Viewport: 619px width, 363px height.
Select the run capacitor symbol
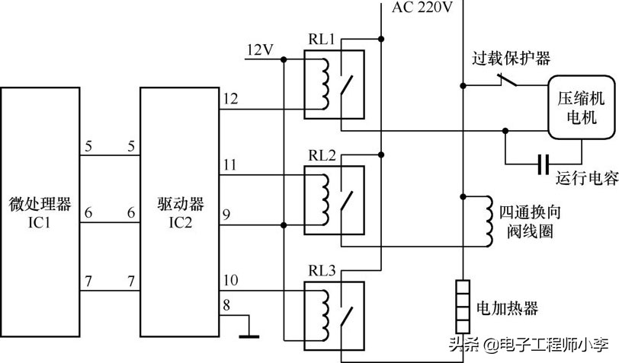(543, 163)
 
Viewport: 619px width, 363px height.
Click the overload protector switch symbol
(505, 79)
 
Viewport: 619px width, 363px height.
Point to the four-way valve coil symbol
(486, 221)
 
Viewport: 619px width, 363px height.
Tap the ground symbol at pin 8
(249, 332)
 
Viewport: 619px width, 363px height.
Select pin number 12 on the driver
(231, 99)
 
